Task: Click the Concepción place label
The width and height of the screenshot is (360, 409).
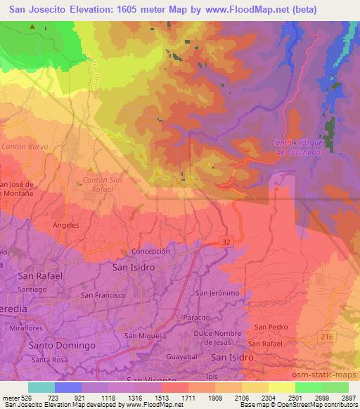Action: [x=150, y=251]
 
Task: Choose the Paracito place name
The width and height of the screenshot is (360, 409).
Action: [x=216, y=316]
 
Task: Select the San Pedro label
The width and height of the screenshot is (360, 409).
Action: [x=271, y=327]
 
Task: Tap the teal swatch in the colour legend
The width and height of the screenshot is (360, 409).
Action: [x=41, y=387]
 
